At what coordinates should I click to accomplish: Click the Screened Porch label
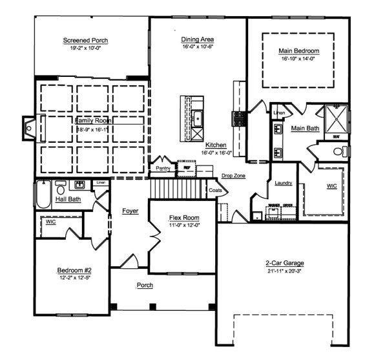click(85, 41)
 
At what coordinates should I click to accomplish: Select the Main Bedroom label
click(298, 50)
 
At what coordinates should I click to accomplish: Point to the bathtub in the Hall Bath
click(43, 195)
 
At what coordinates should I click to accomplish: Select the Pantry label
click(163, 168)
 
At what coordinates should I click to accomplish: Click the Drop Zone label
click(232, 176)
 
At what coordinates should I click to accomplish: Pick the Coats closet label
click(215, 191)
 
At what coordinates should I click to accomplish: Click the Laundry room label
click(283, 184)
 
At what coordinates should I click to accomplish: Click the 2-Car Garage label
click(284, 264)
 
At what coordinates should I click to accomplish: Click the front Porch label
click(144, 284)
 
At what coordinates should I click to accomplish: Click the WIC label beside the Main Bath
click(332, 187)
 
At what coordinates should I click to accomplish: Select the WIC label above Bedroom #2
click(50, 222)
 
